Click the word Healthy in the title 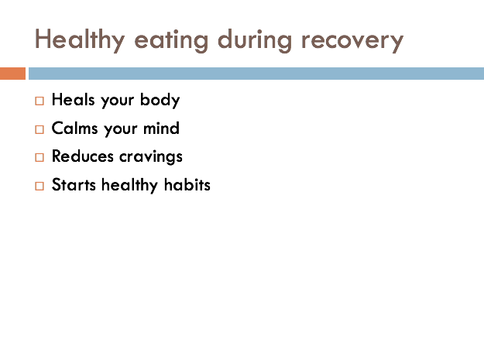(80, 39)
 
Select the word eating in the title (171, 41)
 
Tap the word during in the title (255, 41)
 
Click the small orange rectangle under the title (12, 74)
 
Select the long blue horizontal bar (256, 74)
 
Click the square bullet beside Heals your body (39, 101)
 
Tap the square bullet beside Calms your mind (39, 129)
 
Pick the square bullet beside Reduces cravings (39, 157)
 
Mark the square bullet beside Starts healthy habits (39, 186)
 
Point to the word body (160, 100)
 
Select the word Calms (74, 128)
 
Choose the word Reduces (83, 156)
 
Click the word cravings (151, 157)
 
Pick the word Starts (74, 185)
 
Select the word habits (187, 184)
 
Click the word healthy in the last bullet (129, 185)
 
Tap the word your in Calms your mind (121, 129)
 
